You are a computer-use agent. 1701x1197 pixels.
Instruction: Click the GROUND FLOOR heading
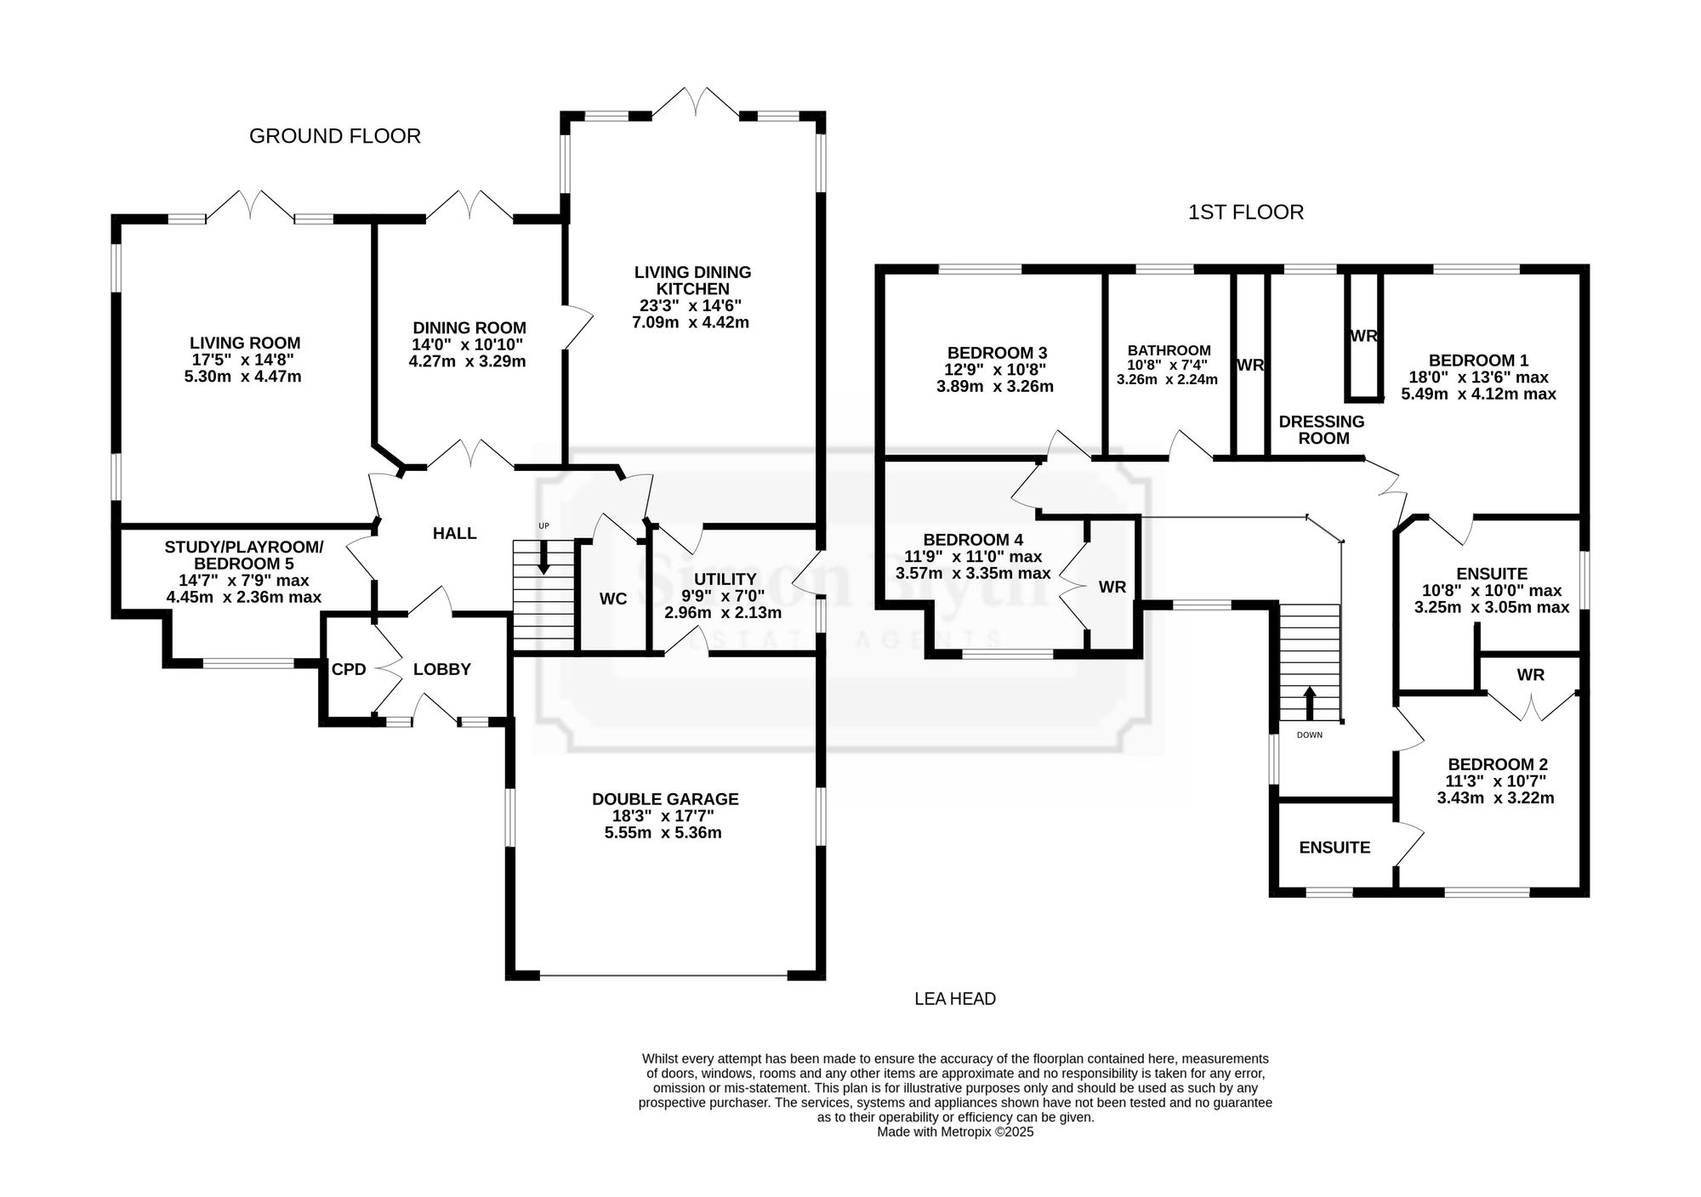pyautogui.click(x=335, y=136)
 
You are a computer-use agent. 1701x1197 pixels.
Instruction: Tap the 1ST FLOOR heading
pyautogui.click(x=1246, y=212)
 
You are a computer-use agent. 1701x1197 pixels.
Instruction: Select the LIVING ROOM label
pyautogui.click(x=245, y=343)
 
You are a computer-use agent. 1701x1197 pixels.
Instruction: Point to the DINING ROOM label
pyautogui.click(x=469, y=327)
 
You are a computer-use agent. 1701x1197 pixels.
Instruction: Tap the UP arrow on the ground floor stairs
pyautogui.click(x=544, y=557)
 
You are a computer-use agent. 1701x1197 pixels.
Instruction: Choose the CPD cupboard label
pyautogui.click(x=349, y=670)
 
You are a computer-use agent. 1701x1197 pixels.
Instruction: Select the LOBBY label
pyautogui.click(x=442, y=669)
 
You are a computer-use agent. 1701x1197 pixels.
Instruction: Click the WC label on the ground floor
pyautogui.click(x=613, y=599)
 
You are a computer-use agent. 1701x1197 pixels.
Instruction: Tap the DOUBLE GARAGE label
pyautogui.click(x=665, y=799)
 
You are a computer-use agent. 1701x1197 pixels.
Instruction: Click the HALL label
pyautogui.click(x=455, y=533)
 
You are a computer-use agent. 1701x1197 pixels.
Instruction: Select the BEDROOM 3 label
pyautogui.click(x=997, y=353)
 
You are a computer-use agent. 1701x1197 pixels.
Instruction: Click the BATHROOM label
pyautogui.click(x=1169, y=350)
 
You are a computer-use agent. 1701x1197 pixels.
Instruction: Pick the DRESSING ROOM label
pyautogui.click(x=1322, y=430)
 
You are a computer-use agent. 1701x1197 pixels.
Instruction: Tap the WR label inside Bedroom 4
pyautogui.click(x=1112, y=587)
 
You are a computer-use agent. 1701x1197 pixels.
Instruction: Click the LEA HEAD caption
pyautogui.click(x=955, y=999)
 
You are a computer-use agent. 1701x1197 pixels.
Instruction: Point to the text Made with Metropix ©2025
pyautogui.click(x=955, y=1132)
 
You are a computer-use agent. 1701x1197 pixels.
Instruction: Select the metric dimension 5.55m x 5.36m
pyautogui.click(x=663, y=833)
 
